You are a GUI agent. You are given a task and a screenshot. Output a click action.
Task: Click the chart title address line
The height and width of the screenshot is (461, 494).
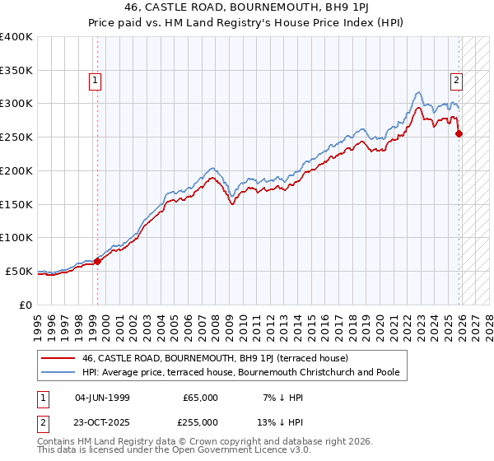[x=247, y=7]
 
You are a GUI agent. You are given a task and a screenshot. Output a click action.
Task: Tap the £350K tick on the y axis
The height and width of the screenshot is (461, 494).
[x=16, y=70]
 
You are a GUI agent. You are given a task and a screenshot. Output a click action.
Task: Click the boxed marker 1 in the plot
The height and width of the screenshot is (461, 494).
[x=96, y=81]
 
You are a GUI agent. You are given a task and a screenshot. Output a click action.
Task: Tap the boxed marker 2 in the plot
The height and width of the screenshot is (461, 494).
[x=455, y=81]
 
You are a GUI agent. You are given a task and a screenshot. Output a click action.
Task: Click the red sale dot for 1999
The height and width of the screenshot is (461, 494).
[x=97, y=261]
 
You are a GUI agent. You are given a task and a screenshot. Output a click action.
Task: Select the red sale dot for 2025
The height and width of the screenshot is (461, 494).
[x=459, y=133]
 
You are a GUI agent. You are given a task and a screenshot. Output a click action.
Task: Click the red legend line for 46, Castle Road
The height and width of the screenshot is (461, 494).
[x=58, y=358]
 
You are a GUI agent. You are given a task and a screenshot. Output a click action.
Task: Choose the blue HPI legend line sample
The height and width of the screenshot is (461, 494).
[x=58, y=372]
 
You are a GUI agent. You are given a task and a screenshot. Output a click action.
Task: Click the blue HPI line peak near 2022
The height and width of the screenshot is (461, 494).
[x=419, y=91]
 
